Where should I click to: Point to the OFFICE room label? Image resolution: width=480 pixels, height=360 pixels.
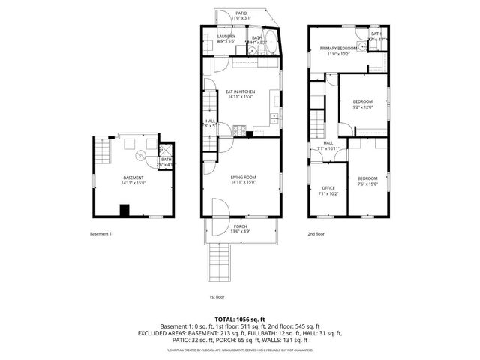click(328, 187)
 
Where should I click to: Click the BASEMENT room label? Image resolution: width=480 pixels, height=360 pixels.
click(133, 178)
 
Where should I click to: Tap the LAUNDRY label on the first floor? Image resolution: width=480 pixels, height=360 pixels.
click(226, 37)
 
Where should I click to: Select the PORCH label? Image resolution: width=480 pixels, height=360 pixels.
click(240, 226)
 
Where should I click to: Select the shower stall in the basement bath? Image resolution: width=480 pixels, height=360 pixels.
click(166, 148)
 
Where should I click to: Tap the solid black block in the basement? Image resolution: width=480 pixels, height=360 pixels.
click(125, 210)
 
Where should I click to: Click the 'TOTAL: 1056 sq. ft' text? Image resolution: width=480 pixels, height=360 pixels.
click(239, 318)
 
